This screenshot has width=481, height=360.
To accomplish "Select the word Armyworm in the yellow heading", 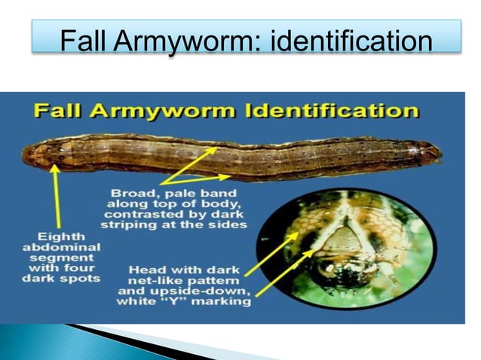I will (163, 111).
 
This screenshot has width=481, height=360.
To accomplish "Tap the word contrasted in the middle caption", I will (139, 214).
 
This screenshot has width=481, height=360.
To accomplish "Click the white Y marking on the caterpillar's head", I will (342, 229).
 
